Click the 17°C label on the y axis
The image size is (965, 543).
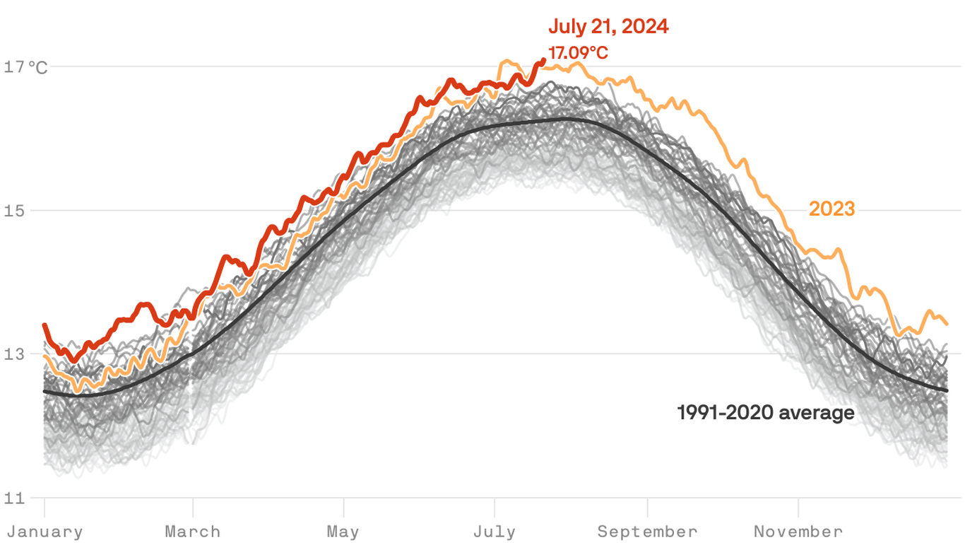[x=27, y=67]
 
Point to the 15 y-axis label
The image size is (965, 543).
[x=15, y=211]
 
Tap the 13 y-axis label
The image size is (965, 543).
[x=15, y=354]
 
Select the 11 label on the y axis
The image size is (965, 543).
[x=15, y=498]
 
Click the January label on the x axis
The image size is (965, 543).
[x=45, y=532]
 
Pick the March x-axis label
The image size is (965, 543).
[x=193, y=532]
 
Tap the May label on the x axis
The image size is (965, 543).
[x=343, y=532]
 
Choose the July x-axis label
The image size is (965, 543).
[x=495, y=532]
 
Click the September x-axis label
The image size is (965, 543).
[x=647, y=532]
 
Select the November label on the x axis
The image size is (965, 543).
[x=798, y=532]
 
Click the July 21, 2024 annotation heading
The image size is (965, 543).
[x=608, y=27]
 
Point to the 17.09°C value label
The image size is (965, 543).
[x=578, y=53]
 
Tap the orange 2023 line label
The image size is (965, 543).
[x=831, y=209]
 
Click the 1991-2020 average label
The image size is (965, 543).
[x=766, y=412]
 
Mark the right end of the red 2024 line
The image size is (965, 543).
[x=543, y=60]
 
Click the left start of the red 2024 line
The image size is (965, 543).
[x=45, y=325]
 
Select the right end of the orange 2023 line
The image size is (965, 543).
[x=947, y=323]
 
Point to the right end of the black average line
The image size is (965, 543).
[x=947, y=390]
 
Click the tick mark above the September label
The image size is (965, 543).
[x=647, y=506]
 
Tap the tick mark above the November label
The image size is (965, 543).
[x=798, y=506]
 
